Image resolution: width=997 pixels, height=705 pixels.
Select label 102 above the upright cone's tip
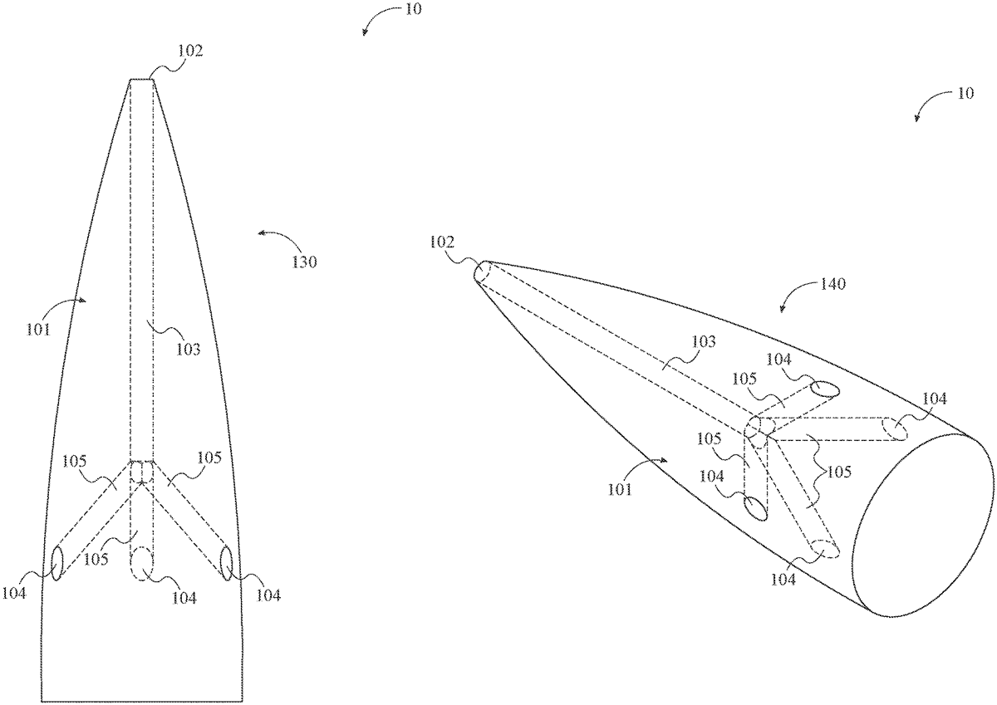tap(190, 50)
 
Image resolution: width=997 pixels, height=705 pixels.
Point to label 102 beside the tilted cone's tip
tap(443, 242)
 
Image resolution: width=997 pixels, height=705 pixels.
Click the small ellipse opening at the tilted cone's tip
tap(483, 272)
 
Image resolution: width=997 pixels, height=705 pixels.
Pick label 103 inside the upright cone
tap(189, 350)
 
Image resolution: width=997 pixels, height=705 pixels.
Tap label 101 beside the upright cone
tap(37, 329)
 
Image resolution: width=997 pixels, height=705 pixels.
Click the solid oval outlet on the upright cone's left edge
tap(57, 564)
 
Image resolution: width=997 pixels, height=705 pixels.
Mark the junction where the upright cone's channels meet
tap(142, 476)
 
